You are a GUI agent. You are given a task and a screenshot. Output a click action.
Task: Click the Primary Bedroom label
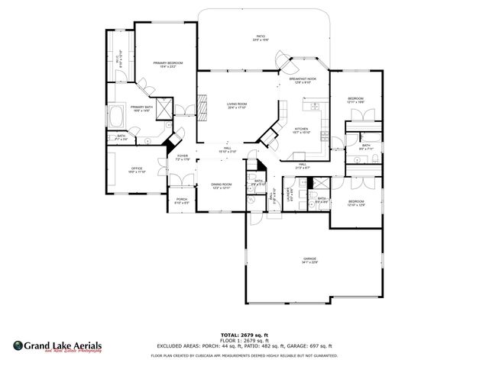[164, 65]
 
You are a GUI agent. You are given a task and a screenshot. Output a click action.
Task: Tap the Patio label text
[261, 38]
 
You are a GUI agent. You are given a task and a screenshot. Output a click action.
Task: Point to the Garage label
[310, 259]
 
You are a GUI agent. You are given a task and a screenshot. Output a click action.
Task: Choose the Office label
[137, 170]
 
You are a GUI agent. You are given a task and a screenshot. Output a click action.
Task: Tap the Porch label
[181, 202]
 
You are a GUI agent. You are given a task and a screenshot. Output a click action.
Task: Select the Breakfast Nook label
[303, 80]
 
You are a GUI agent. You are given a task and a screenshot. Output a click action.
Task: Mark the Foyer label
[183, 157]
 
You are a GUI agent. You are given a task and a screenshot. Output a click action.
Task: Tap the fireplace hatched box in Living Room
[202, 107]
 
